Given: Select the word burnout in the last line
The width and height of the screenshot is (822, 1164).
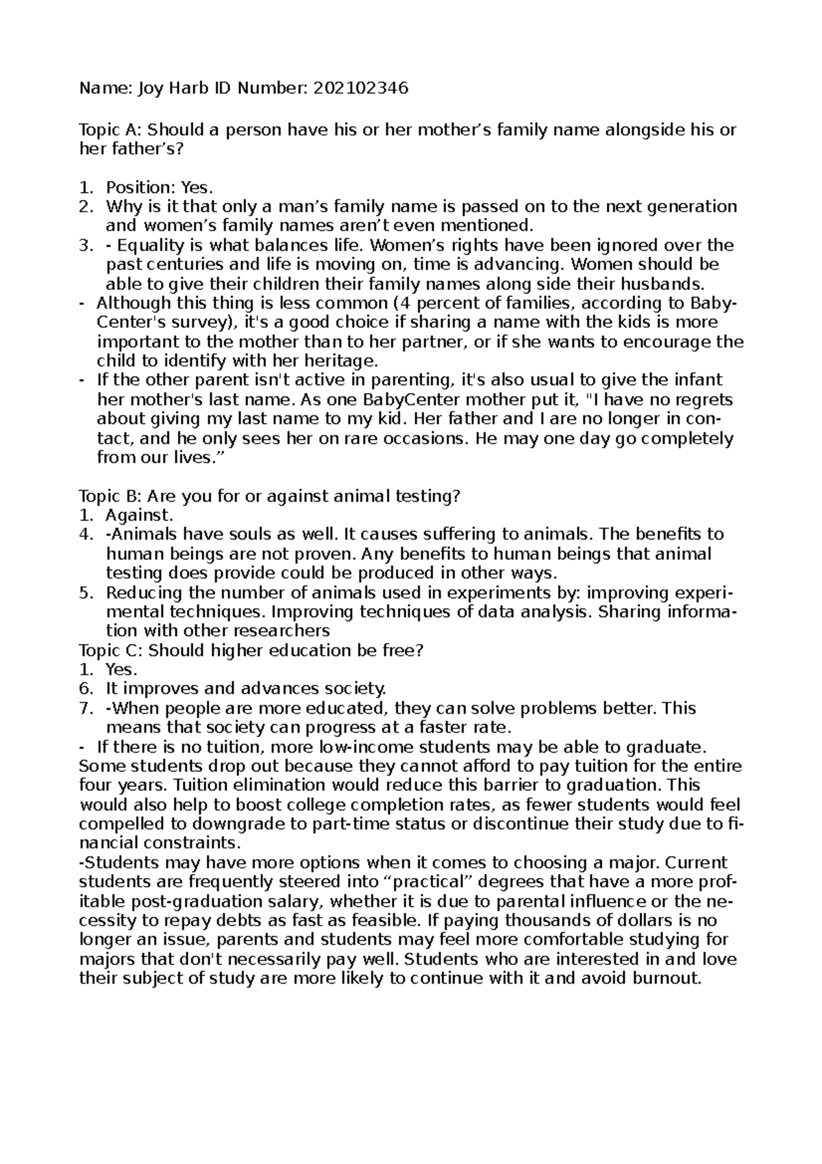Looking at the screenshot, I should click(665, 978).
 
